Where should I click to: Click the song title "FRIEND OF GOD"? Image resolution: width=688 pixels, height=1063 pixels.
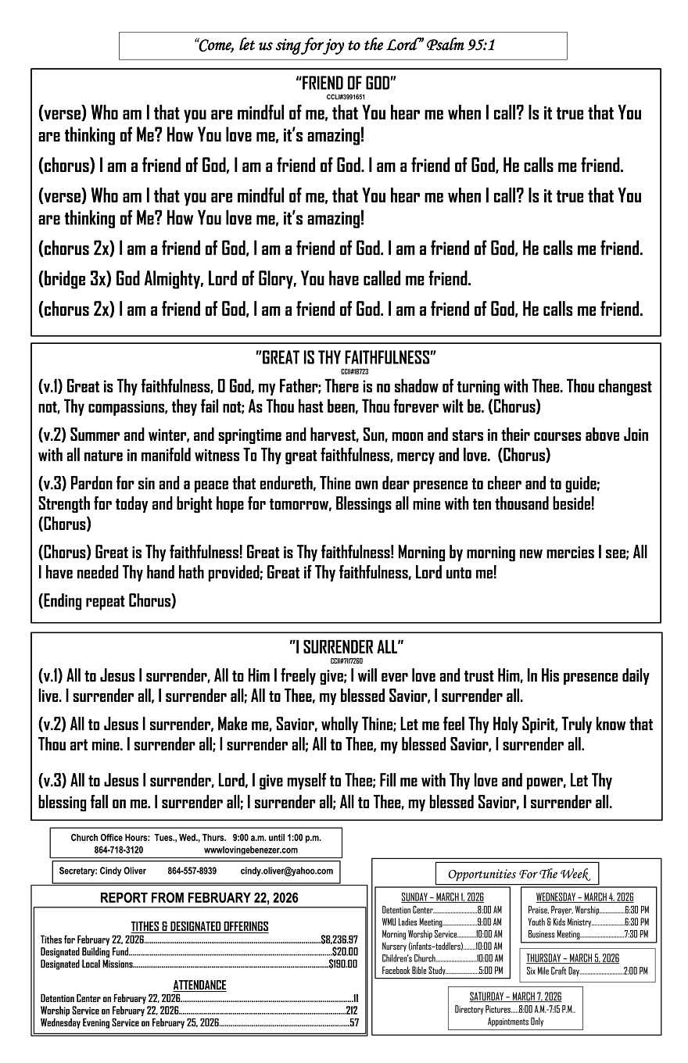346,83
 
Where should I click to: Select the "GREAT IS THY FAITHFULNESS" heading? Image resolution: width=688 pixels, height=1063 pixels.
346,358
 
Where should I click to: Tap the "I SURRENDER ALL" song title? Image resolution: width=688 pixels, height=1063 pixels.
346,646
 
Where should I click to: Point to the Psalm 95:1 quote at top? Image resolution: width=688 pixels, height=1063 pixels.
343,45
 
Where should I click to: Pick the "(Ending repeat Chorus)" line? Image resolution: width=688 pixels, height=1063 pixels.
107,600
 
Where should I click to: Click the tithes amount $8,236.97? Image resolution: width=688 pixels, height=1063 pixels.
339,940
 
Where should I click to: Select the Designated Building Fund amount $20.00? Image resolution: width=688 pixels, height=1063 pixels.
345,952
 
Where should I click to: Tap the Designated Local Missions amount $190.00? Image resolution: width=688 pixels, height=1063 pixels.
342,964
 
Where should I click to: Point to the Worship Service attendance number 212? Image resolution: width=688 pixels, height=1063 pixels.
351,1011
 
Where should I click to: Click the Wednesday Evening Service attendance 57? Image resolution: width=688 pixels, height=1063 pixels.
353,1022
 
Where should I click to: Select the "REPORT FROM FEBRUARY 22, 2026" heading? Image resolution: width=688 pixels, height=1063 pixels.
199,898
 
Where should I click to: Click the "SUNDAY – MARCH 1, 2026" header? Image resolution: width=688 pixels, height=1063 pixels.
442,897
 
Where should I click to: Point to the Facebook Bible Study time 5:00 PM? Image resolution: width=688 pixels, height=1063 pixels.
491,971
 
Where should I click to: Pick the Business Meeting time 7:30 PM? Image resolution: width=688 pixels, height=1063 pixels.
636,934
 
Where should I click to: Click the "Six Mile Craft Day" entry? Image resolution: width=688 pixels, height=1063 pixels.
554,971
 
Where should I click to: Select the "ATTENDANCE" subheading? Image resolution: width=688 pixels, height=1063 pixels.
199,986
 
